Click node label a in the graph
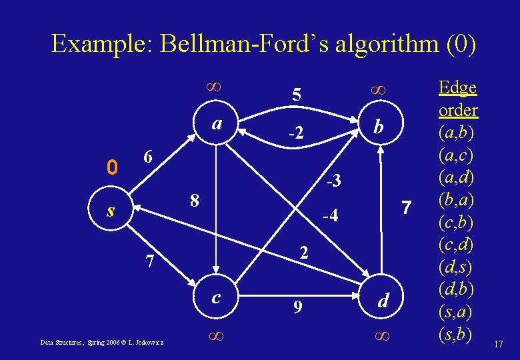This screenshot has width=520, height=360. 217,124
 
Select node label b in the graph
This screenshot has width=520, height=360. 378,126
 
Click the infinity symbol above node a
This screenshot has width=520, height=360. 215,85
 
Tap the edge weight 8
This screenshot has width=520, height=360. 194,201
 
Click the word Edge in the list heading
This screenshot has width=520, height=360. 457,87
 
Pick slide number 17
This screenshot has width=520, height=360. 498,344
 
